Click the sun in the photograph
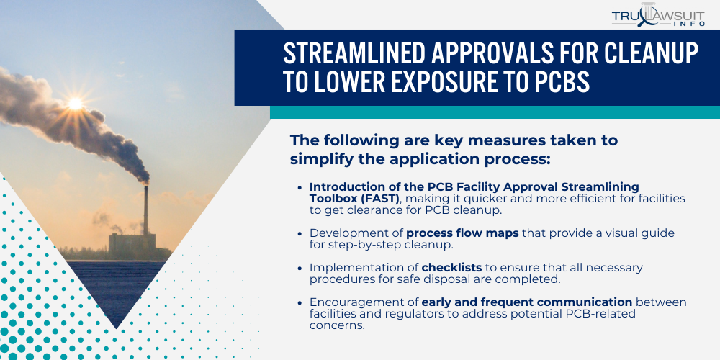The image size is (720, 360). click(75, 104)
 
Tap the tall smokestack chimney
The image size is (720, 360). click(145, 209)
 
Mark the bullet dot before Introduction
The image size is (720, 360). click(300, 187)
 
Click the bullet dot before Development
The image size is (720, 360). click(300, 233)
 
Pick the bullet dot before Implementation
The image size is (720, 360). click(300, 268)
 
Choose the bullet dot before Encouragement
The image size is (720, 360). click(300, 302)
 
